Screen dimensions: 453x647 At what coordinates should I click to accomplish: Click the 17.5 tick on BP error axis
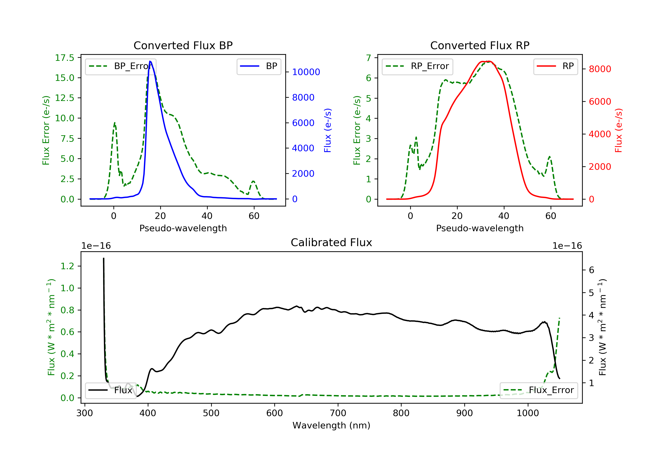click(x=64, y=58)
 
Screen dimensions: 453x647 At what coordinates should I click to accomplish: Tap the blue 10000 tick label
click(x=306, y=72)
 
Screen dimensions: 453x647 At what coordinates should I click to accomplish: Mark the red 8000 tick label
click(x=600, y=69)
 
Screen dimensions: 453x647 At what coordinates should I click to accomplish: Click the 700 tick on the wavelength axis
click(x=338, y=413)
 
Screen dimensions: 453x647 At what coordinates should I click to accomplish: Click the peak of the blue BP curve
click(x=150, y=61)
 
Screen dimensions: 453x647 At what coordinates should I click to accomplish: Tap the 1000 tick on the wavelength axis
click(x=528, y=413)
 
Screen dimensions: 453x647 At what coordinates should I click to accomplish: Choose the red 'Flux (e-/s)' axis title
click(x=619, y=130)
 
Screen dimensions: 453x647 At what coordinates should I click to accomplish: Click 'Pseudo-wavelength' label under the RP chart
click(x=480, y=228)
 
